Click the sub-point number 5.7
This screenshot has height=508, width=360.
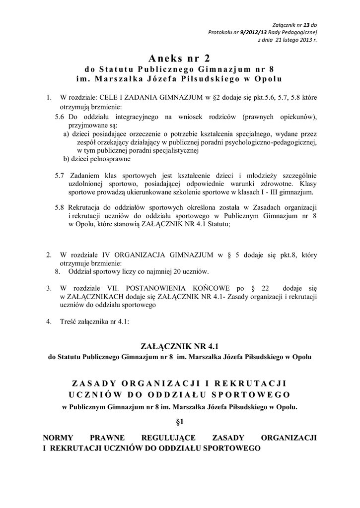[60, 175]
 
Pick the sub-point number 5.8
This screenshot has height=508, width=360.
[60, 207]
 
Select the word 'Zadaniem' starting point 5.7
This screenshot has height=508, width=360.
[86, 175]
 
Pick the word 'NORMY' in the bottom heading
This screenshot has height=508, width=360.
[59, 438]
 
